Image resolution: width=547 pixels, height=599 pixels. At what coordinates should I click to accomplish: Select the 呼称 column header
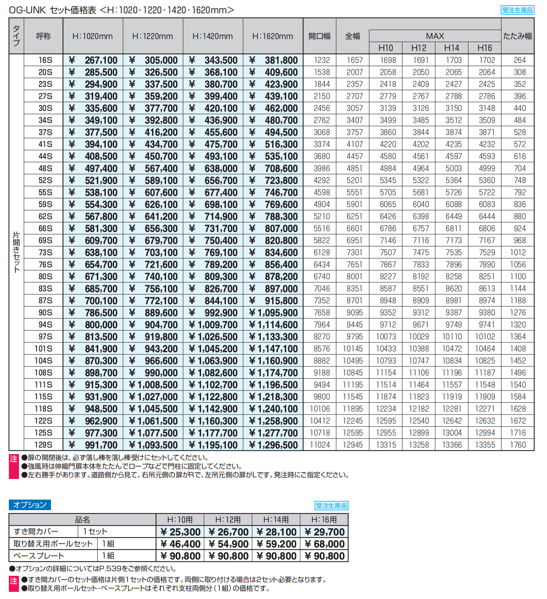click(43, 36)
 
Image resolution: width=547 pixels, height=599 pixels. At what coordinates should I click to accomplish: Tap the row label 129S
click(43, 445)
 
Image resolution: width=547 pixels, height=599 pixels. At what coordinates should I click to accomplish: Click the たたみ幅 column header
click(518, 36)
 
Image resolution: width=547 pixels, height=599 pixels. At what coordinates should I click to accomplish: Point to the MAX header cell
click(435, 36)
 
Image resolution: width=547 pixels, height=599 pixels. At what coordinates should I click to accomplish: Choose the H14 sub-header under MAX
click(451, 48)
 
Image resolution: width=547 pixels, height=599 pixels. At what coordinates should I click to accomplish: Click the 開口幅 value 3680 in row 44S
click(322, 156)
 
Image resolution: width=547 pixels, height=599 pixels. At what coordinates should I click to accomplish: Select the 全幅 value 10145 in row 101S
click(353, 348)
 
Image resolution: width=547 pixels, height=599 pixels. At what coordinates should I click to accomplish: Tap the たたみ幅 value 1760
click(518, 445)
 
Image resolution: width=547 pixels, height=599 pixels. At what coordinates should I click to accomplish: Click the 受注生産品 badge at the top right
click(518, 10)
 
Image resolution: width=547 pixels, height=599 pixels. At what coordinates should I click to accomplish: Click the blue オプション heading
click(29, 505)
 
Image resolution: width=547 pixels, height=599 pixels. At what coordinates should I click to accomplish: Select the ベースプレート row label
click(39, 556)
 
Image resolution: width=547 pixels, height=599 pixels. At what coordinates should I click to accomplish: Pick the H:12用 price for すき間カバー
click(228, 532)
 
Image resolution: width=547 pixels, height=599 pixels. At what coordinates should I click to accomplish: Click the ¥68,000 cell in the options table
click(324, 544)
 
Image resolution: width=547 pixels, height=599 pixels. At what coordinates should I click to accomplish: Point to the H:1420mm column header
click(213, 36)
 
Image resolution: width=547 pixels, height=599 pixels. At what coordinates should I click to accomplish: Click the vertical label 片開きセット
click(16, 252)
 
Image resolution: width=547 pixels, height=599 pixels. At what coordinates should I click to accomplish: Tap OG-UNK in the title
click(27, 10)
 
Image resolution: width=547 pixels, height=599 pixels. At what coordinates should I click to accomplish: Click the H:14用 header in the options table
click(276, 519)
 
